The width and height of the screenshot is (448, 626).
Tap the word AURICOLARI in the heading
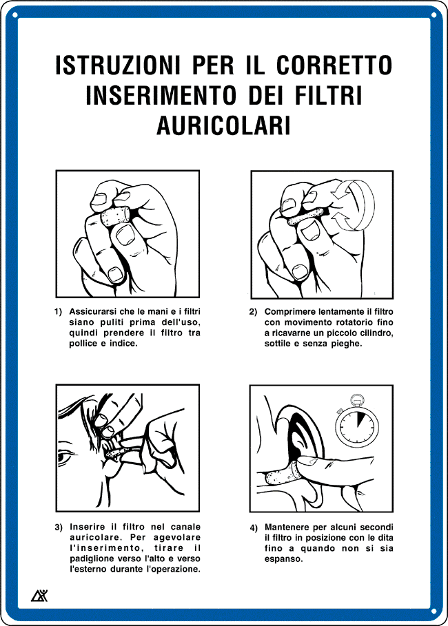coord(224,125)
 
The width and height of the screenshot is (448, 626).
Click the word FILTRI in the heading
coord(324,96)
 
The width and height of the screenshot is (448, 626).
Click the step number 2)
coord(254,312)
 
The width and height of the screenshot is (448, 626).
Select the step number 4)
coord(254,528)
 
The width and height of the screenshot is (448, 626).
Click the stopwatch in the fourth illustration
coord(356,423)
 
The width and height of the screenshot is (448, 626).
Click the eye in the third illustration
coord(67,457)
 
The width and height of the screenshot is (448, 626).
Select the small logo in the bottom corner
coord(39,596)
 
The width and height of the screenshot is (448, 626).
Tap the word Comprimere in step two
coord(289,312)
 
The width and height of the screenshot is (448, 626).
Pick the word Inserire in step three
coord(87,528)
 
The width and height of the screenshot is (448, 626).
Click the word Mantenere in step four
coord(288,528)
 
